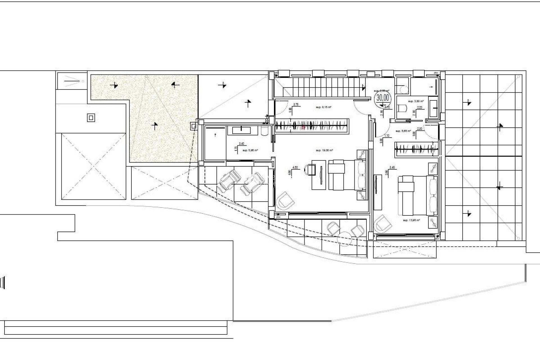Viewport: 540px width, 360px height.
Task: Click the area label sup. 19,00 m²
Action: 324,150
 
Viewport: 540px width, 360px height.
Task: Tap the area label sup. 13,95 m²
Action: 411,220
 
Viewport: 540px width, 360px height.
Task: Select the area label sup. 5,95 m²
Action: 250,150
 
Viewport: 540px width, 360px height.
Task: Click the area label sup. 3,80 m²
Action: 416,101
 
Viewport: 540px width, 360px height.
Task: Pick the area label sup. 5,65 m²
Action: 403,131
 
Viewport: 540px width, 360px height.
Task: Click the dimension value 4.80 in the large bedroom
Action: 295,167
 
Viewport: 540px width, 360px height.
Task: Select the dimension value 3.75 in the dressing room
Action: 296,104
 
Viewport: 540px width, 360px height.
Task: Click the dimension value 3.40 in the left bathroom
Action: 241,144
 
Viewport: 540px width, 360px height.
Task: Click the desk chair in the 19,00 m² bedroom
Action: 310,170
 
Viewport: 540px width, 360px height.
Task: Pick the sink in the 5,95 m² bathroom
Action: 242,130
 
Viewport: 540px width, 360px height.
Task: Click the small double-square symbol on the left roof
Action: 91,118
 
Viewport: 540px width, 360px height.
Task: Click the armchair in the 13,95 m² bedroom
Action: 383,224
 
